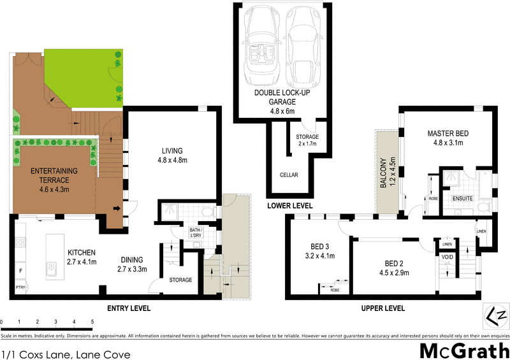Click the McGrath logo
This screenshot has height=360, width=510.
point(463,349)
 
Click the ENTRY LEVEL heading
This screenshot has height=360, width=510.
point(129,308)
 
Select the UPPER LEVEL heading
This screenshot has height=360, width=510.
point(384,308)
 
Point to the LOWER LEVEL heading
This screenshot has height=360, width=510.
point(290,206)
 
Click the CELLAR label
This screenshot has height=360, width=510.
point(289,175)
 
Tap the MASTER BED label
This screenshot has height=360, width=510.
point(448,138)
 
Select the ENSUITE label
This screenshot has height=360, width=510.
point(462,199)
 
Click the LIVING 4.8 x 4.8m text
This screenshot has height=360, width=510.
point(173,155)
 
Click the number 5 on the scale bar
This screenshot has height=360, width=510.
point(92,322)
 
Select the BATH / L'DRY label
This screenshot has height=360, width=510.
point(196,233)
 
